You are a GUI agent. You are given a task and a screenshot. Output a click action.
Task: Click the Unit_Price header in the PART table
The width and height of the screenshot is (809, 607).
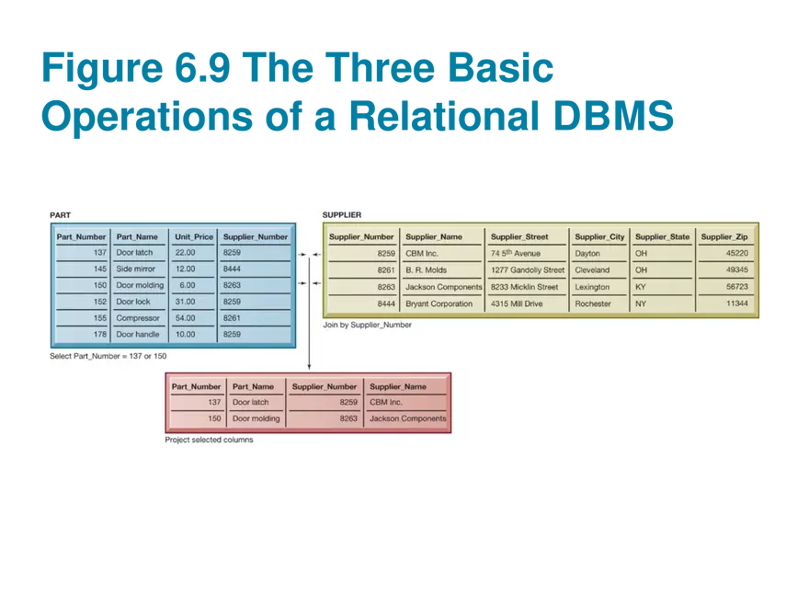pyautogui.click(x=194, y=236)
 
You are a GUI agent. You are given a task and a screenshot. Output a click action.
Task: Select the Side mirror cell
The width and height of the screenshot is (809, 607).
pyautogui.click(x=135, y=269)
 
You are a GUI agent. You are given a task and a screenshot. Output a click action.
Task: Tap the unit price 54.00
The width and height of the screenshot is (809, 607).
pyautogui.click(x=185, y=318)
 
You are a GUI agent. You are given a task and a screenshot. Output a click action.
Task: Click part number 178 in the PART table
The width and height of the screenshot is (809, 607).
pyautogui.click(x=99, y=335)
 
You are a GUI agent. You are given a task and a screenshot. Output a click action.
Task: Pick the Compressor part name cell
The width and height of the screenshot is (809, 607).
pyautogui.click(x=137, y=318)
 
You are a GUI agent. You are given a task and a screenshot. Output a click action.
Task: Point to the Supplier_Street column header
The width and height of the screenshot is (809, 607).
pyautogui.click(x=518, y=236)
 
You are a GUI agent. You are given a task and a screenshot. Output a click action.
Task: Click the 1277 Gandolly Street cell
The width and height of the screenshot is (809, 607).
pyautogui.click(x=528, y=270)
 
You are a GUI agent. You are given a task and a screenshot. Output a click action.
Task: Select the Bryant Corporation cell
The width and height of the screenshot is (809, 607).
pyautogui.click(x=439, y=303)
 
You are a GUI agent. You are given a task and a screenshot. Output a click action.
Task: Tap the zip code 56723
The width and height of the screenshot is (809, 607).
pyautogui.click(x=736, y=287)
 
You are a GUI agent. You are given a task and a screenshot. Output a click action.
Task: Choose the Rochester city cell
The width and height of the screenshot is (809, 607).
pyautogui.click(x=592, y=303)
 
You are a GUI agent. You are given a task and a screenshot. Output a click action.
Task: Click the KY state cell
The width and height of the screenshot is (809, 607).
pyautogui.click(x=641, y=287)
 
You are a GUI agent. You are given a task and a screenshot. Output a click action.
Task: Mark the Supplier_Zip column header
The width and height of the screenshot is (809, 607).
pyautogui.click(x=724, y=236)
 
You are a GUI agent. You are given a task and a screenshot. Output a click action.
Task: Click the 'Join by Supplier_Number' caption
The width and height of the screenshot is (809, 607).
pyautogui.click(x=367, y=325)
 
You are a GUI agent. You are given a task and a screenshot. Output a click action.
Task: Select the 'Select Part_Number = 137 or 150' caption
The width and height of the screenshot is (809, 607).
pyautogui.click(x=108, y=355)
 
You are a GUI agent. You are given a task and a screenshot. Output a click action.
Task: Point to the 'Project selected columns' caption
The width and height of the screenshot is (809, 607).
pyautogui.click(x=209, y=440)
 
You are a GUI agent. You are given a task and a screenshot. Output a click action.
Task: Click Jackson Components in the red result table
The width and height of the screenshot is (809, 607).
pyautogui.click(x=407, y=418)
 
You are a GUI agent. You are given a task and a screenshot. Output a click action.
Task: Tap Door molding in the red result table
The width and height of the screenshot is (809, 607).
pyautogui.click(x=256, y=418)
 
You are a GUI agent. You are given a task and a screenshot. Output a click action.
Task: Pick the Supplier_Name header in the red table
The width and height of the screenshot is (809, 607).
pyautogui.click(x=397, y=386)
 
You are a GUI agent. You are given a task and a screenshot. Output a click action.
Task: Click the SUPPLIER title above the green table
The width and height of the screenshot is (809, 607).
pyautogui.click(x=341, y=215)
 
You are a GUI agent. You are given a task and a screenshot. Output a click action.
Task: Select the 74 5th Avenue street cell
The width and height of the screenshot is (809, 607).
pyautogui.click(x=516, y=253)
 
